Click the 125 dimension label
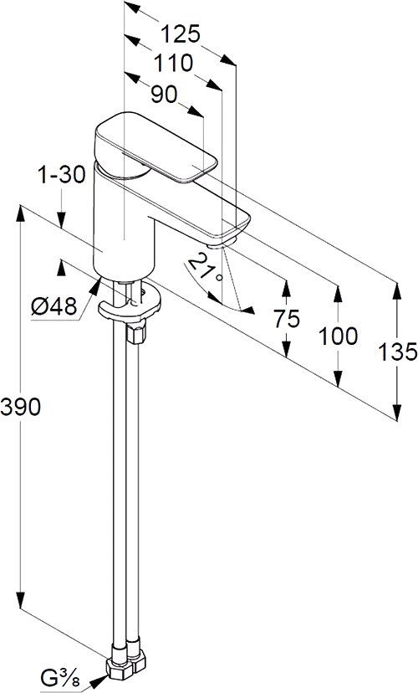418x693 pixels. pyautogui.click(x=180, y=34)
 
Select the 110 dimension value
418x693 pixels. pyautogui.click(x=173, y=63)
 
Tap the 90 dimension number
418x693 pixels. pyautogui.click(x=164, y=94)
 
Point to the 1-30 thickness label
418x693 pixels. pyautogui.click(x=61, y=176)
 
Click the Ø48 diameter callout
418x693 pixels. pyautogui.click(x=54, y=305)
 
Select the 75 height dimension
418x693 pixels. pyautogui.click(x=287, y=318)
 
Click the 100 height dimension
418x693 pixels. pyautogui.click(x=338, y=336)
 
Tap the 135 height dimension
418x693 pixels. pyautogui.click(x=397, y=352)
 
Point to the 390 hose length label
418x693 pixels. pyautogui.click(x=20, y=406)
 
